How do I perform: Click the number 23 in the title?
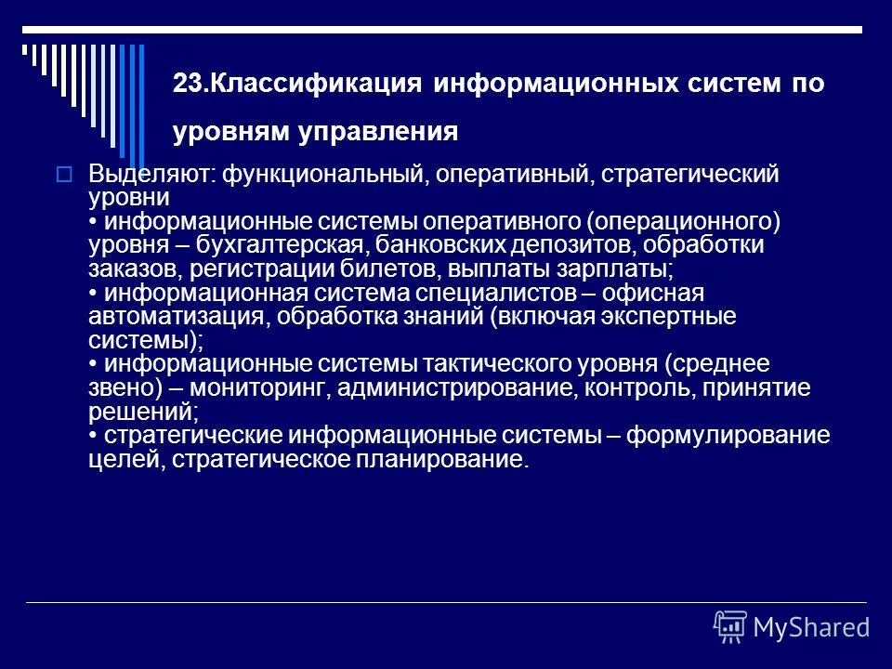(x=185, y=85)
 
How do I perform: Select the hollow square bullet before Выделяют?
(x=64, y=174)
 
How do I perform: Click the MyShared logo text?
(x=811, y=626)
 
